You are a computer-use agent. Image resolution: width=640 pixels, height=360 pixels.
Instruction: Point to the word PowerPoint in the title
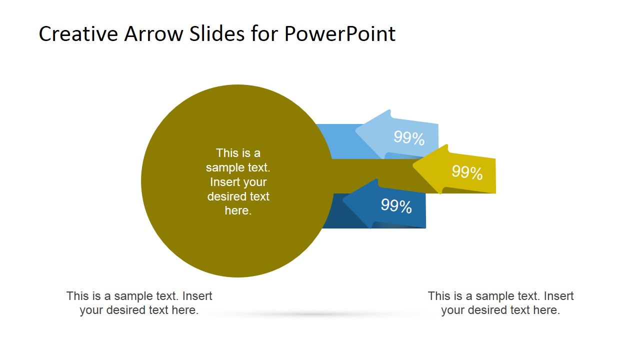click(x=340, y=34)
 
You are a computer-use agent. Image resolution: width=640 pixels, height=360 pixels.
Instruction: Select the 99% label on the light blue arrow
click(x=409, y=138)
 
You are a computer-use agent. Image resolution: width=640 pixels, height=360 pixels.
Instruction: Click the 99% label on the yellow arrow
click(x=467, y=172)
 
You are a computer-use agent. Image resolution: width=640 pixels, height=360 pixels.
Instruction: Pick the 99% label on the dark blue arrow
click(x=396, y=206)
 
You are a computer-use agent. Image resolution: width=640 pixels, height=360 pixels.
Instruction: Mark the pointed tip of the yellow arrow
click(x=414, y=167)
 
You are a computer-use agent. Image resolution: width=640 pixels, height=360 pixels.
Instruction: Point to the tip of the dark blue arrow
click(x=344, y=202)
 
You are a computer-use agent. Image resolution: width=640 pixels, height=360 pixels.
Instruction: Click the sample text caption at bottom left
click(x=139, y=303)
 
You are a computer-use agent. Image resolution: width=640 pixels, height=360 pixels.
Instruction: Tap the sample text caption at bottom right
click(x=500, y=303)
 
